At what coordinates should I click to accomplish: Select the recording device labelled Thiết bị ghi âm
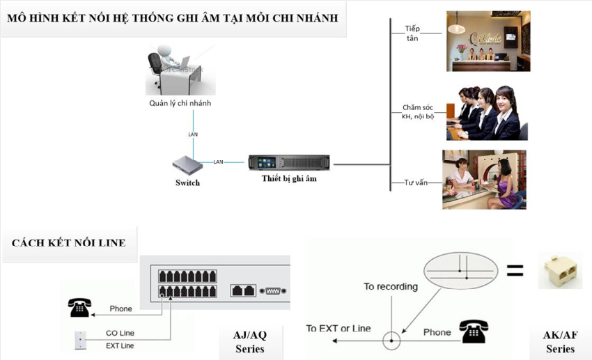tap(289, 162)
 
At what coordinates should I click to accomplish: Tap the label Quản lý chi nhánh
tap(180, 103)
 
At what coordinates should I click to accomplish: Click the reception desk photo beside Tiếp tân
tap(488, 40)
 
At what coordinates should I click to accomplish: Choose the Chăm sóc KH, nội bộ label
tap(418, 111)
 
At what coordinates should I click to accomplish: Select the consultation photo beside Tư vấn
tap(484, 179)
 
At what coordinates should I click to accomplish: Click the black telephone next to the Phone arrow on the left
tap(79, 307)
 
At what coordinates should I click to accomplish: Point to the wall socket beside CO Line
tap(80, 340)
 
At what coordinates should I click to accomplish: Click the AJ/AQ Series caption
tap(249, 341)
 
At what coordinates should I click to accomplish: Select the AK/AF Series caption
tap(560, 341)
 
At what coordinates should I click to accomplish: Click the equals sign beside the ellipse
tap(515, 271)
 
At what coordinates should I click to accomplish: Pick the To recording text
tap(390, 286)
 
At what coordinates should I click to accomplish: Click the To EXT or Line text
tap(338, 328)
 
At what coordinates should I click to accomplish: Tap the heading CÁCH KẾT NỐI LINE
tap(69, 243)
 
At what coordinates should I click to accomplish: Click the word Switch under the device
tap(187, 183)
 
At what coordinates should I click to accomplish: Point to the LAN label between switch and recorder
tap(218, 162)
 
